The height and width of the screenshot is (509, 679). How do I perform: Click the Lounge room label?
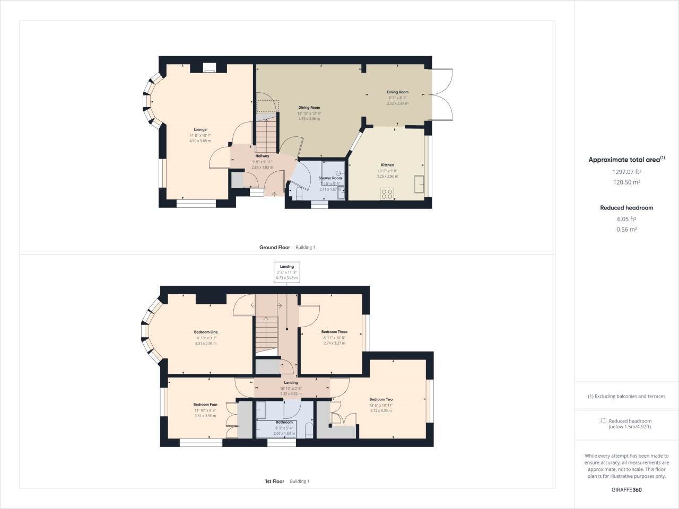(x=200, y=129)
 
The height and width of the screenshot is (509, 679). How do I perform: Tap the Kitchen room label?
(x=387, y=165)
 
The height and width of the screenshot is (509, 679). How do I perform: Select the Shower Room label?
(x=330, y=178)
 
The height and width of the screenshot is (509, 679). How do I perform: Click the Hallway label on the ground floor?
(x=262, y=156)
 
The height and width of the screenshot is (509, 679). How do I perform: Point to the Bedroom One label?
(x=205, y=332)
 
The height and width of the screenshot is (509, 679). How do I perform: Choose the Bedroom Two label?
(x=381, y=399)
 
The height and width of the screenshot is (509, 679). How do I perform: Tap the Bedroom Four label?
(x=205, y=405)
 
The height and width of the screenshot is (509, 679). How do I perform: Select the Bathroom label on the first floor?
(x=284, y=423)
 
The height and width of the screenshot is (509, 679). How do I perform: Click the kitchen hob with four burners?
(x=387, y=194)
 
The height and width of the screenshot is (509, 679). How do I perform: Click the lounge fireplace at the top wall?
(x=210, y=67)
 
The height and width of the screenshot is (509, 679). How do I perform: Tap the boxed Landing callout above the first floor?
(x=287, y=272)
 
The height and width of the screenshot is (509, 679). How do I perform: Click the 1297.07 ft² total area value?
(x=626, y=172)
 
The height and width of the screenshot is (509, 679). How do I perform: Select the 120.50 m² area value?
(x=626, y=182)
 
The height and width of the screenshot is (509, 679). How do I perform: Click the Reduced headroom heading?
(x=626, y=208)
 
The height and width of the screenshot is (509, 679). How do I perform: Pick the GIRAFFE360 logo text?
(x=626, y=490)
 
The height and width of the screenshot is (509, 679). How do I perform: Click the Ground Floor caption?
(x=274, y=248)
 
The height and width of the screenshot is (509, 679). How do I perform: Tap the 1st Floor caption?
(x=274, y=481)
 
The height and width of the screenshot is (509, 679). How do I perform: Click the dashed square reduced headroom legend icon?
(x=603, y=421)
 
